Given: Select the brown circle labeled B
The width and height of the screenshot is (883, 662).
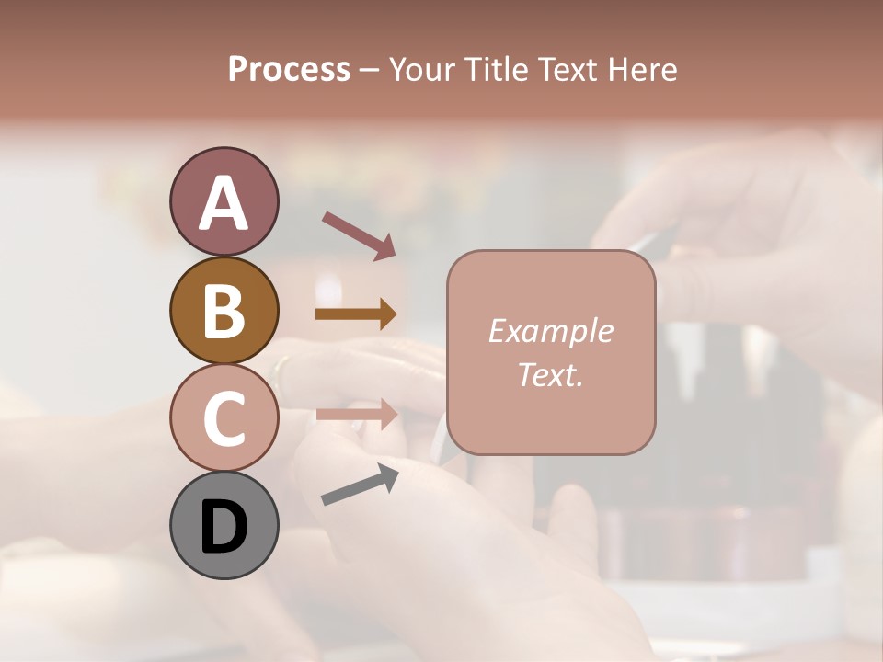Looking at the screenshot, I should point(224,310).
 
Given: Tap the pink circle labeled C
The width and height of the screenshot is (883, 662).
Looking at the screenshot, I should point(224,417).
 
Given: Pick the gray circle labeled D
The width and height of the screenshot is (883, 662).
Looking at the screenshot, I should point(224,525).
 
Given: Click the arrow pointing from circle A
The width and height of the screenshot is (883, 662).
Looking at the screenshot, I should point(358,234).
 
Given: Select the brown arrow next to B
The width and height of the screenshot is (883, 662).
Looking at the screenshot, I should point(356,314).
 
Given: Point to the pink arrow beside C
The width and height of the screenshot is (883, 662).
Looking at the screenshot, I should point(357,414).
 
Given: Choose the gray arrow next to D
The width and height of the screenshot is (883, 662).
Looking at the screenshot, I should point(360,484).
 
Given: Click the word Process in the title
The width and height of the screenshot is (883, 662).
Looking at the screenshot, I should point(289,70).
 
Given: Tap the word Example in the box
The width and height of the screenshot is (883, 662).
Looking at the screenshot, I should point(550,331).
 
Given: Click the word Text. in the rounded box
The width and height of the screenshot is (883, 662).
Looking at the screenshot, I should point(550,374).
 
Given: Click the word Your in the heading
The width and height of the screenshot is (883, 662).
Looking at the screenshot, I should point(424,70).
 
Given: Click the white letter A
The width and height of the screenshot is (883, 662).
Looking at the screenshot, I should point(224,203).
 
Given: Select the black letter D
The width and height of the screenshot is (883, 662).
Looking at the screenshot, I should point(224,527).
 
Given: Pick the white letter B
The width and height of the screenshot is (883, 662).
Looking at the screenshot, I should point(224,311).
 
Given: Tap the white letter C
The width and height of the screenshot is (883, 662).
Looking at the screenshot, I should point(224,418).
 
